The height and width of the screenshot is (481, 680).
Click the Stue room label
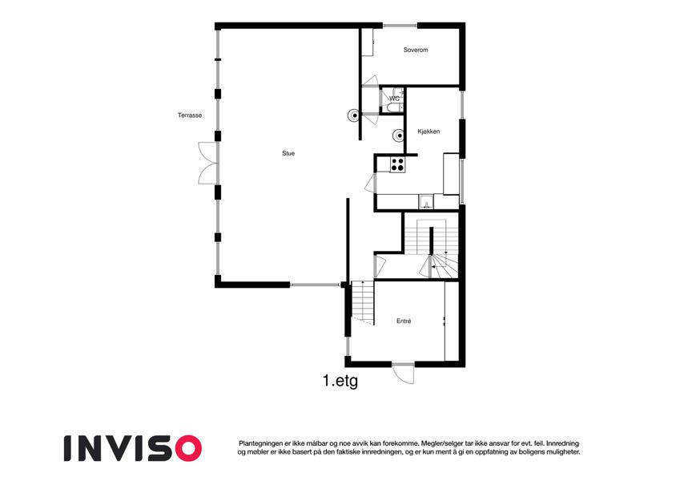288,153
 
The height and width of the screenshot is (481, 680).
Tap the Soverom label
416,50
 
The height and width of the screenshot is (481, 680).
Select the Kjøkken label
429,131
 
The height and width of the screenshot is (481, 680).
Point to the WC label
394,99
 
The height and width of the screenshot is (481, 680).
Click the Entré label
404,321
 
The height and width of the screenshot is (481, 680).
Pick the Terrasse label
190,115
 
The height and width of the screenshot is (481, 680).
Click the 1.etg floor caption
340,381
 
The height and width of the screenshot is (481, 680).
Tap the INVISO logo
133,448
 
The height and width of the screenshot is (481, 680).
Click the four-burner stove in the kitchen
398,164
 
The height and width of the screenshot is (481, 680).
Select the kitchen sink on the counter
426,202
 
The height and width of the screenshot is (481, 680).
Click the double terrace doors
207,163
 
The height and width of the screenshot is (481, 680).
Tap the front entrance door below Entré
404,373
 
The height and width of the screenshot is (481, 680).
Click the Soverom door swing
370,81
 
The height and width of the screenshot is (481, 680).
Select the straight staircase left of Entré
363,302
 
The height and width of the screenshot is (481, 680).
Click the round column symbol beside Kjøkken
399,135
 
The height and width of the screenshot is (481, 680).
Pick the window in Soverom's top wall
400,26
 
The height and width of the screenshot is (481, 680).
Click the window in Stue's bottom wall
316,285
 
